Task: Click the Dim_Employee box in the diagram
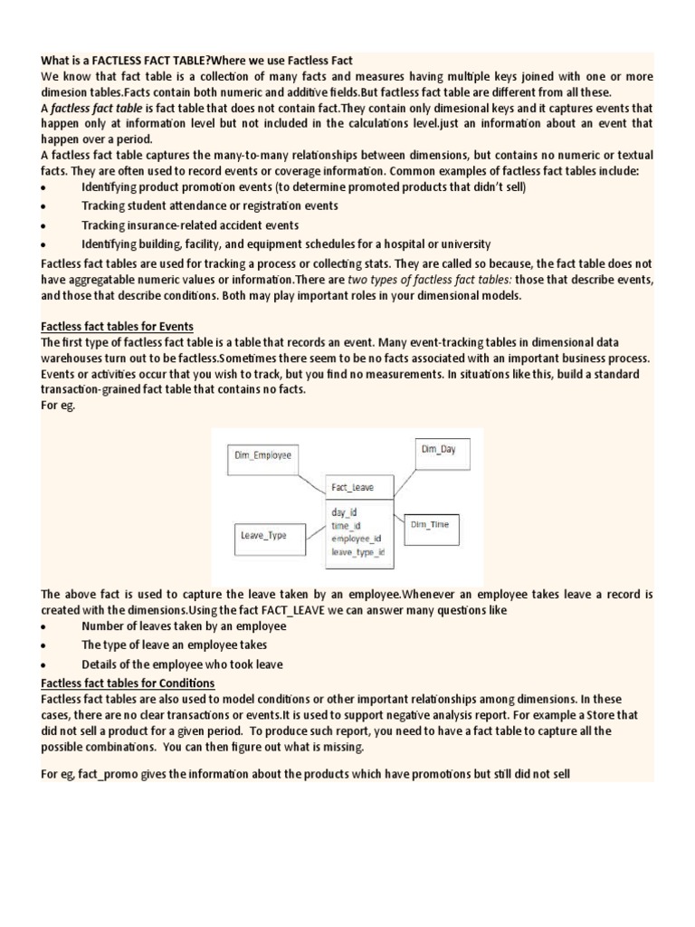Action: click(x=263, y=455)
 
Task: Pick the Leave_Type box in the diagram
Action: click(x=263, y=535)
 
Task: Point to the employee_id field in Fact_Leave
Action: click(x=357, y=538)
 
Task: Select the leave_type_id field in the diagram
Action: click(x=358, y=551)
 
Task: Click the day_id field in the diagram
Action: click(x=344, y=511)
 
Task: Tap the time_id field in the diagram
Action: click(x=346, y=525)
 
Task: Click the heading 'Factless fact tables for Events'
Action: click(x=118, y=326)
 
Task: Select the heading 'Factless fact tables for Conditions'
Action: click(x=128, y=683)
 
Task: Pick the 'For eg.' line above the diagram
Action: click(x=59, y=406)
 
